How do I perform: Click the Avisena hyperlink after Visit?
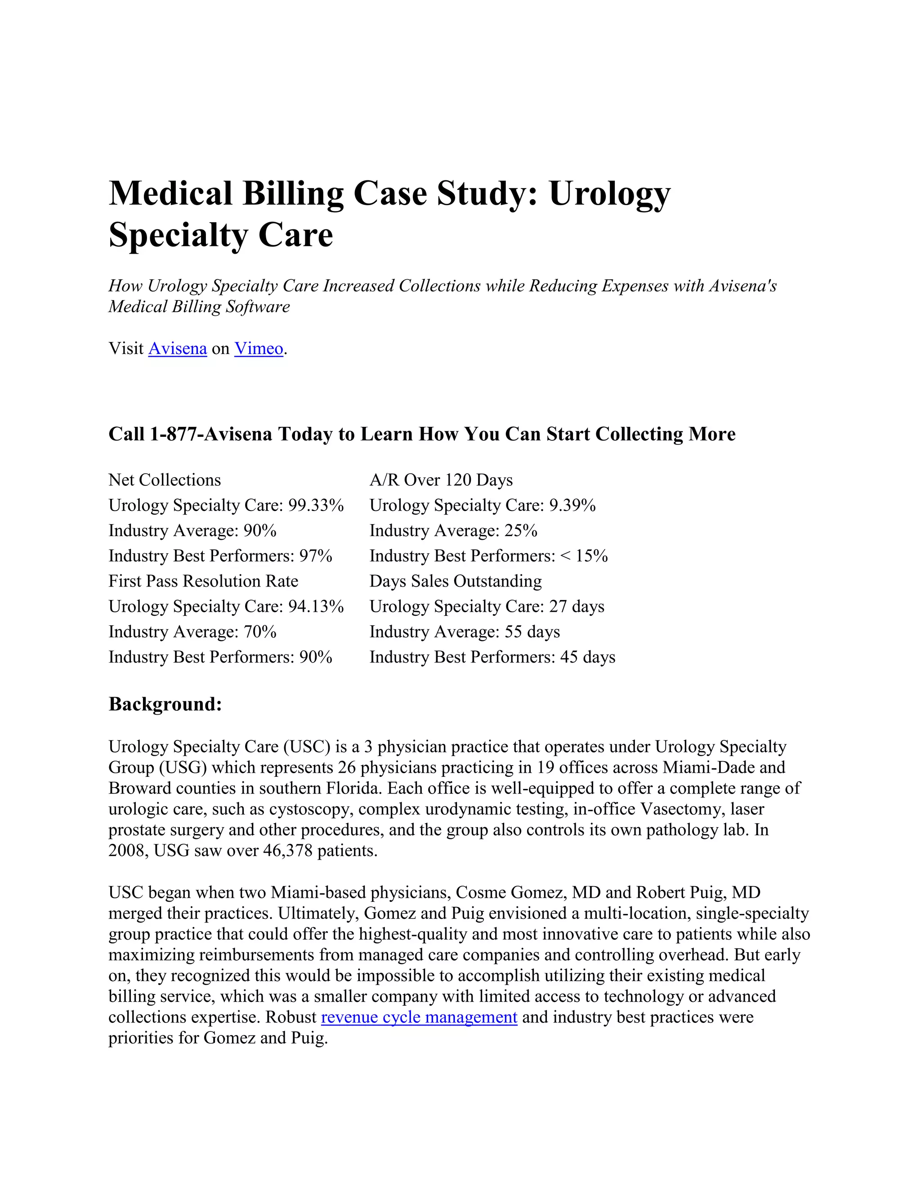[x=177, y=349]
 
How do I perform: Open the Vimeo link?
[x=259, y=349]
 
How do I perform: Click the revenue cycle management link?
[x=419, y=1017]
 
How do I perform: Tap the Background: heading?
[x=165, y=704]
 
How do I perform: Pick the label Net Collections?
[x=165, y=480]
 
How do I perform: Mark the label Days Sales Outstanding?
[x=456, y=581]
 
